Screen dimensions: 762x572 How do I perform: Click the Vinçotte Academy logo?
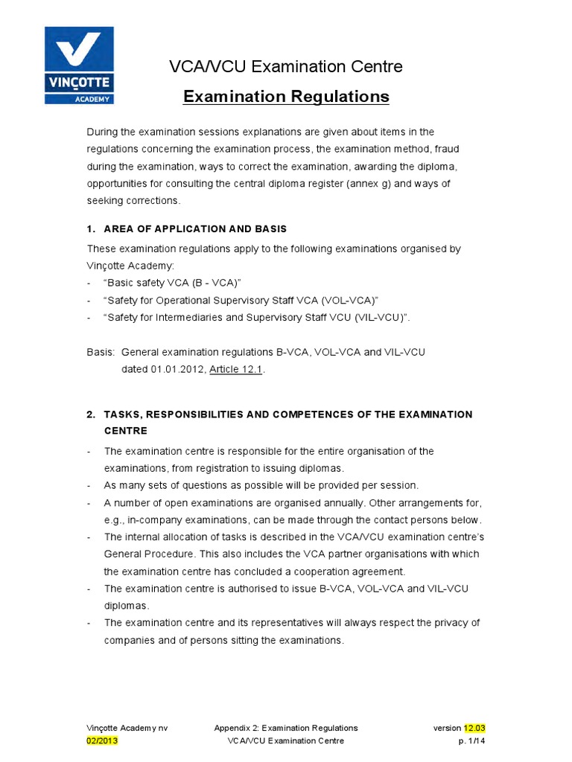pyautogui.click(x=79, y=65)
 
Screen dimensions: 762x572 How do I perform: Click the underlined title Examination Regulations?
pyautogui.click(x=286, y=97)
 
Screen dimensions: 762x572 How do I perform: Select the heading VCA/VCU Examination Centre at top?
pyautogui.click(x=286, y=67)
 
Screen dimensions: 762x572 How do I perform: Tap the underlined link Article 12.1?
pyautogui.click(x=236, y=369)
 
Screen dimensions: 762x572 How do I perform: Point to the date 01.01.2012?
pyautogui.click(x=177, y=369)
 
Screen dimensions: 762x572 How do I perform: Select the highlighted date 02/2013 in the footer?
pyautogui.click(x=101, y=741)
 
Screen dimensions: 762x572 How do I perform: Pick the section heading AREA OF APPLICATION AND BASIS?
pyautogui.click(x=196, y=228)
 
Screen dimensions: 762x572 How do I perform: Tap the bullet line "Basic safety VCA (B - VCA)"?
pyautogui.click(x=173, y=282)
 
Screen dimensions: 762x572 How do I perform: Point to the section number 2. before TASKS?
pyautogui.click(x=92, y=414)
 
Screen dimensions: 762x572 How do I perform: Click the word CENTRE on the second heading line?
pyautogui.click(x=126, y=431)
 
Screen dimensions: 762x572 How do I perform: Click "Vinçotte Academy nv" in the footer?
pyautogui.click(x=127, y=728)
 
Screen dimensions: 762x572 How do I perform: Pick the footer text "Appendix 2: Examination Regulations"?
pyautogui.click(x=285, y=728)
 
